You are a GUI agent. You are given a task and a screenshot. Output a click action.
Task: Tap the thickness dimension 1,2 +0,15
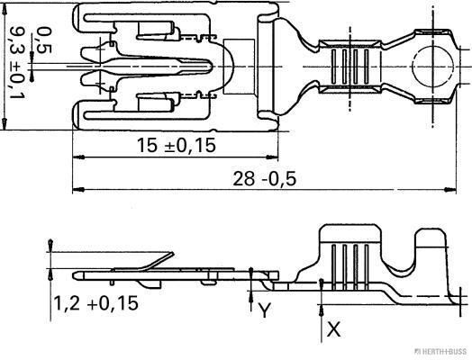tap(95, 303)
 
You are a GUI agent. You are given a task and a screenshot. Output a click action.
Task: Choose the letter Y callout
tap(263, 310)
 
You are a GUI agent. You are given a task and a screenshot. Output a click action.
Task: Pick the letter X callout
tap(333, 329)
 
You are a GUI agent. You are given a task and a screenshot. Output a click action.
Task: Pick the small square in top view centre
tap(238, 67)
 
